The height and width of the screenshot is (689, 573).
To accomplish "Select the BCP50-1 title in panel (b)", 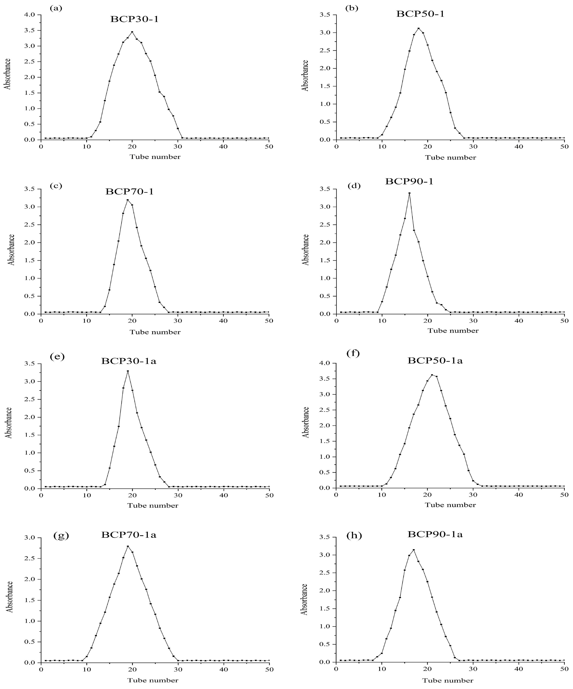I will [x=420, y=14].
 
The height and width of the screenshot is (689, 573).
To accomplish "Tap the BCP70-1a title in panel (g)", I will [x=128, y=535].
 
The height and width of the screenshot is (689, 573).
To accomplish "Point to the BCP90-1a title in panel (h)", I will [x=435, y=534].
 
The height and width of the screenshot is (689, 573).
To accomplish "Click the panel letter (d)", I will [x=354, y=186].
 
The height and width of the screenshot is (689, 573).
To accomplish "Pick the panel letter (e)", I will [x=57, y=357].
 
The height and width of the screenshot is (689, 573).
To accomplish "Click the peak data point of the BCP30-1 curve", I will [x=132, y=32].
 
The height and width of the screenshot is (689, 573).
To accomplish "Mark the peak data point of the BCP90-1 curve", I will [x=409, y=193].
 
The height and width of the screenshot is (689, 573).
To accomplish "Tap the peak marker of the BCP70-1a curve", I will [x=128, y=546].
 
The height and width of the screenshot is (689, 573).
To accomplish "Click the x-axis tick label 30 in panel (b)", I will [x=473, y=146].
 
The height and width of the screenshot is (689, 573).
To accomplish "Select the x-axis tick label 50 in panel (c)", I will [x=269, y=321].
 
